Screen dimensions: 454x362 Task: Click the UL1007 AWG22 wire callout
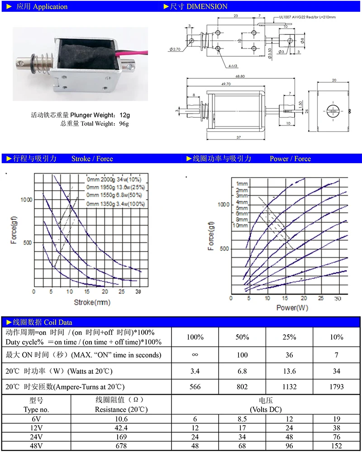pyautogui.click(x=308, y=17)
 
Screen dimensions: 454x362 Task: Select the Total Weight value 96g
pyautogui.click(x=123, y=123)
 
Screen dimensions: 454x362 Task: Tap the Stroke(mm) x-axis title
pyautogui.click(x=92, y=302)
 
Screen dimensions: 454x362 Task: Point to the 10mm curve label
pyautogui.click(x=240, y=225)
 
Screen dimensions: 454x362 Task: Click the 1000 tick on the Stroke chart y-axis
pyautogui.click(x=27, y=200)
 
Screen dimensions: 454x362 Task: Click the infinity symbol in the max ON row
pyautogui.click(x=195, y=354)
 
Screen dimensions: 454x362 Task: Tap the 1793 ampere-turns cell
pyautogui.click(x=337, y=386)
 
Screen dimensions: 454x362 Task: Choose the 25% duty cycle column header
pyautogui.click(x=289, y=337)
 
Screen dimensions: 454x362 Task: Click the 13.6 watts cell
pyautogui.click(x=289, y=371)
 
